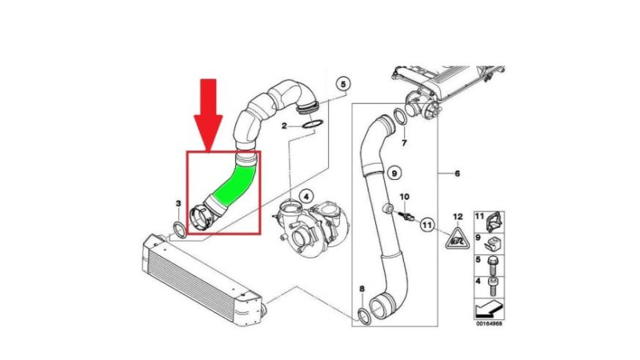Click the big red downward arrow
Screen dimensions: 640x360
pyautogui.click(x=208, y=114)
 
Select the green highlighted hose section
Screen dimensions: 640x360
pyautogui.click(x=234, y=184)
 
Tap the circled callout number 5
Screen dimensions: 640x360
pyautogui.click(x=343, y=84)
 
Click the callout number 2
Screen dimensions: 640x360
pyautogui.click(x=284, y=126)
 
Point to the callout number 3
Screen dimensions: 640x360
pyautogui.click(x=178, y=203)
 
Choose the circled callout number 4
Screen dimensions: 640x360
pyautogui.click(x=306, y=197)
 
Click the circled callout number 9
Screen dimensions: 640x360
pyautogui.click(x=394, y=174)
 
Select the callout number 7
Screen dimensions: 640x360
pyautogui.click(x=404, y=143)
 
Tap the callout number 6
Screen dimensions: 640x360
pyautogui.click(x=457, y=174)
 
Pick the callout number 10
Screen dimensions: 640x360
pyautogui.click(x=404, y=197)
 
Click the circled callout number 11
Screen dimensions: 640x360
pyautogui.click(x=427, y=225)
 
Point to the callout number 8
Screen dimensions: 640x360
pyautogui.click(x=362, y=289)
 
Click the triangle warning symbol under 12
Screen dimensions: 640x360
pyautogui.click(x=457, y=239)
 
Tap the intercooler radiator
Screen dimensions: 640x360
pyautogui.click(x=202, y=278)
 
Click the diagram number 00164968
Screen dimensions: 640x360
pyautogui.click(x=489, y=324)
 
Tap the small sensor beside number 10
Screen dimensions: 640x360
pyautogui.click(x=407, y=216)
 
